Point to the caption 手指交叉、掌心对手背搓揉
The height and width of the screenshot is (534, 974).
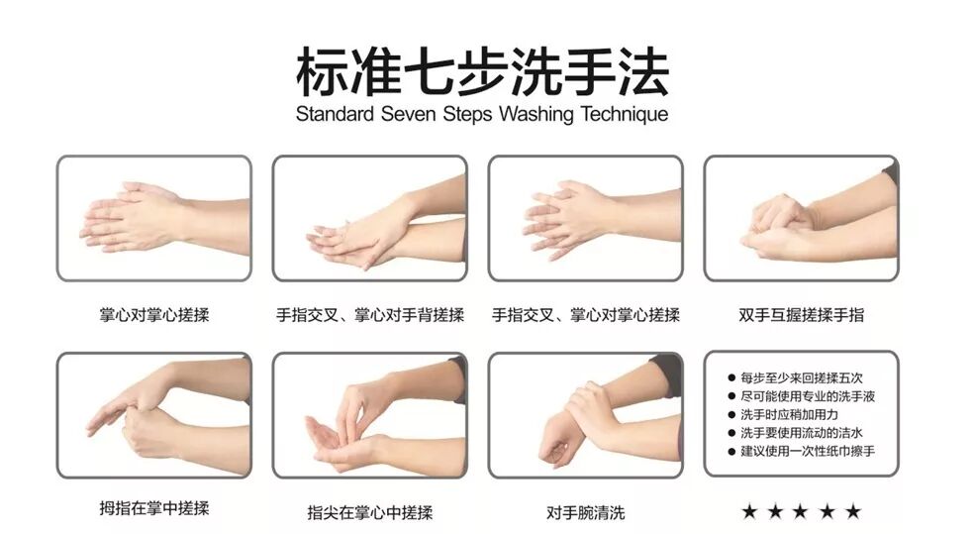point(369,315)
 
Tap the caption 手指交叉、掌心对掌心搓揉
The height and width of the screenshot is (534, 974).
point(585,315)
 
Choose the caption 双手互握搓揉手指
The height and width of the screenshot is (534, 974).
point(801,315)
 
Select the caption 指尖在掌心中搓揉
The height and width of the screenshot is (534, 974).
point(369,512)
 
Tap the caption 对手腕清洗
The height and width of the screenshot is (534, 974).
point(585,512)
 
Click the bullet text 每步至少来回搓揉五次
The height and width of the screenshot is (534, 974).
point(801,377)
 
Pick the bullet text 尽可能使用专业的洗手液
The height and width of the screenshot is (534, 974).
point(807,396)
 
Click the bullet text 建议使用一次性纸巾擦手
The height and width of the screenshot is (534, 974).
point(807,451)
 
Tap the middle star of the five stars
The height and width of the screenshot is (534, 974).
point(801,511)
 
